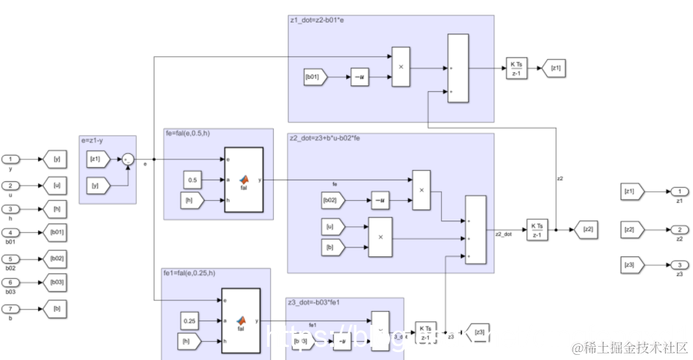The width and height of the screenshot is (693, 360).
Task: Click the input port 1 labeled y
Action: [11, 159]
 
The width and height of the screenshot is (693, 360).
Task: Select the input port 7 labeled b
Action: [11, 308]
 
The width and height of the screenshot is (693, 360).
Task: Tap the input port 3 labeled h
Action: [11, 209]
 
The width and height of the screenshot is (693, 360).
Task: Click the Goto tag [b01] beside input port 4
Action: [56, 234]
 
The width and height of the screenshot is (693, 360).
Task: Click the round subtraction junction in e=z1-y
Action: [128, 158]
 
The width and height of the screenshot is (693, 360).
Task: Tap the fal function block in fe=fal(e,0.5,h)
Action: [242, 179]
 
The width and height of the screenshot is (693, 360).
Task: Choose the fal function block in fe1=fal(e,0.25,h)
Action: [241, 321]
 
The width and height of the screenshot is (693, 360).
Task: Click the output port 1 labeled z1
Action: [678, 191]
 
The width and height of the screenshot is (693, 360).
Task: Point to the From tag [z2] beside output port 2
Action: [630, 229]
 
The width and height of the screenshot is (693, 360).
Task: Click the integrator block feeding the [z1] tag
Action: [516, 69]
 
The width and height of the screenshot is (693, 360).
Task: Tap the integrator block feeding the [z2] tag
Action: [537, 229]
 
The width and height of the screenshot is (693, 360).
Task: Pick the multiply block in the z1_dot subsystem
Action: [401, 65]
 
